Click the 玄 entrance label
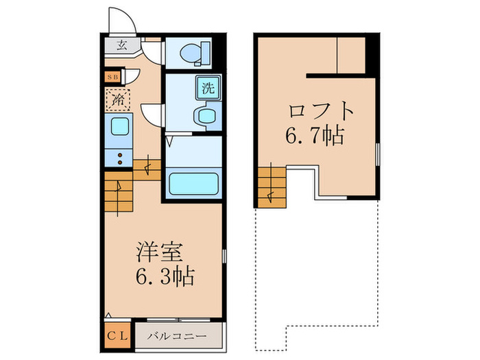click(x=121, y=47)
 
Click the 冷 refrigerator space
click(x=118, y=100)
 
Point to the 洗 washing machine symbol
click(x=207, y=87)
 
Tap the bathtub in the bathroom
click(x=193, y=184)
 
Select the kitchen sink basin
click(x=119, y=128)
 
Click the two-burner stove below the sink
click(x=118, y=159)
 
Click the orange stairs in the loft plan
click(x=272, y=187)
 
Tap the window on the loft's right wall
click(x=378, y=154)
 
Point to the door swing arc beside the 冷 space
click(x=152, y=113)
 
